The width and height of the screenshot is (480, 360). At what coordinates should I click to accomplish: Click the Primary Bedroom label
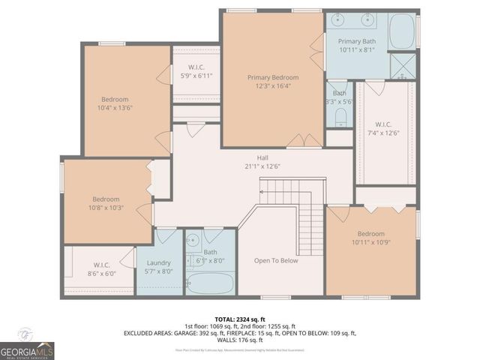coord(273,77)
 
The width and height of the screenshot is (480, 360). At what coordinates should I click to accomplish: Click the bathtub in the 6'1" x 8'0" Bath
coord(209,283)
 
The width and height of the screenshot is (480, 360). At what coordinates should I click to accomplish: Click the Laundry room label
coord(158,263)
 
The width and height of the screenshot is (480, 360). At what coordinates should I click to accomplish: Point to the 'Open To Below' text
coord(276,261)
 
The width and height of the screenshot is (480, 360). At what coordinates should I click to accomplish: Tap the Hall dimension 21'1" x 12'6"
coord(262,166)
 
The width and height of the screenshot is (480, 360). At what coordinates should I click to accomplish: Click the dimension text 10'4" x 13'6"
coord(115,108)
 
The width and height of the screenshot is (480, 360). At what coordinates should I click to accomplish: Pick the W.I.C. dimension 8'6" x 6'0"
coord(102,274)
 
